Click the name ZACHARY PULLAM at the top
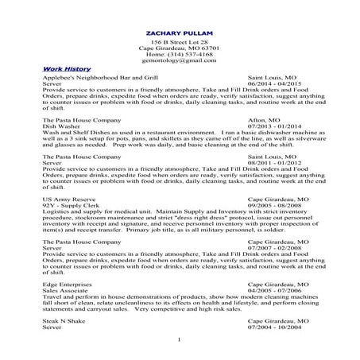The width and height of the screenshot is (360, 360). pos(180,32)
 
